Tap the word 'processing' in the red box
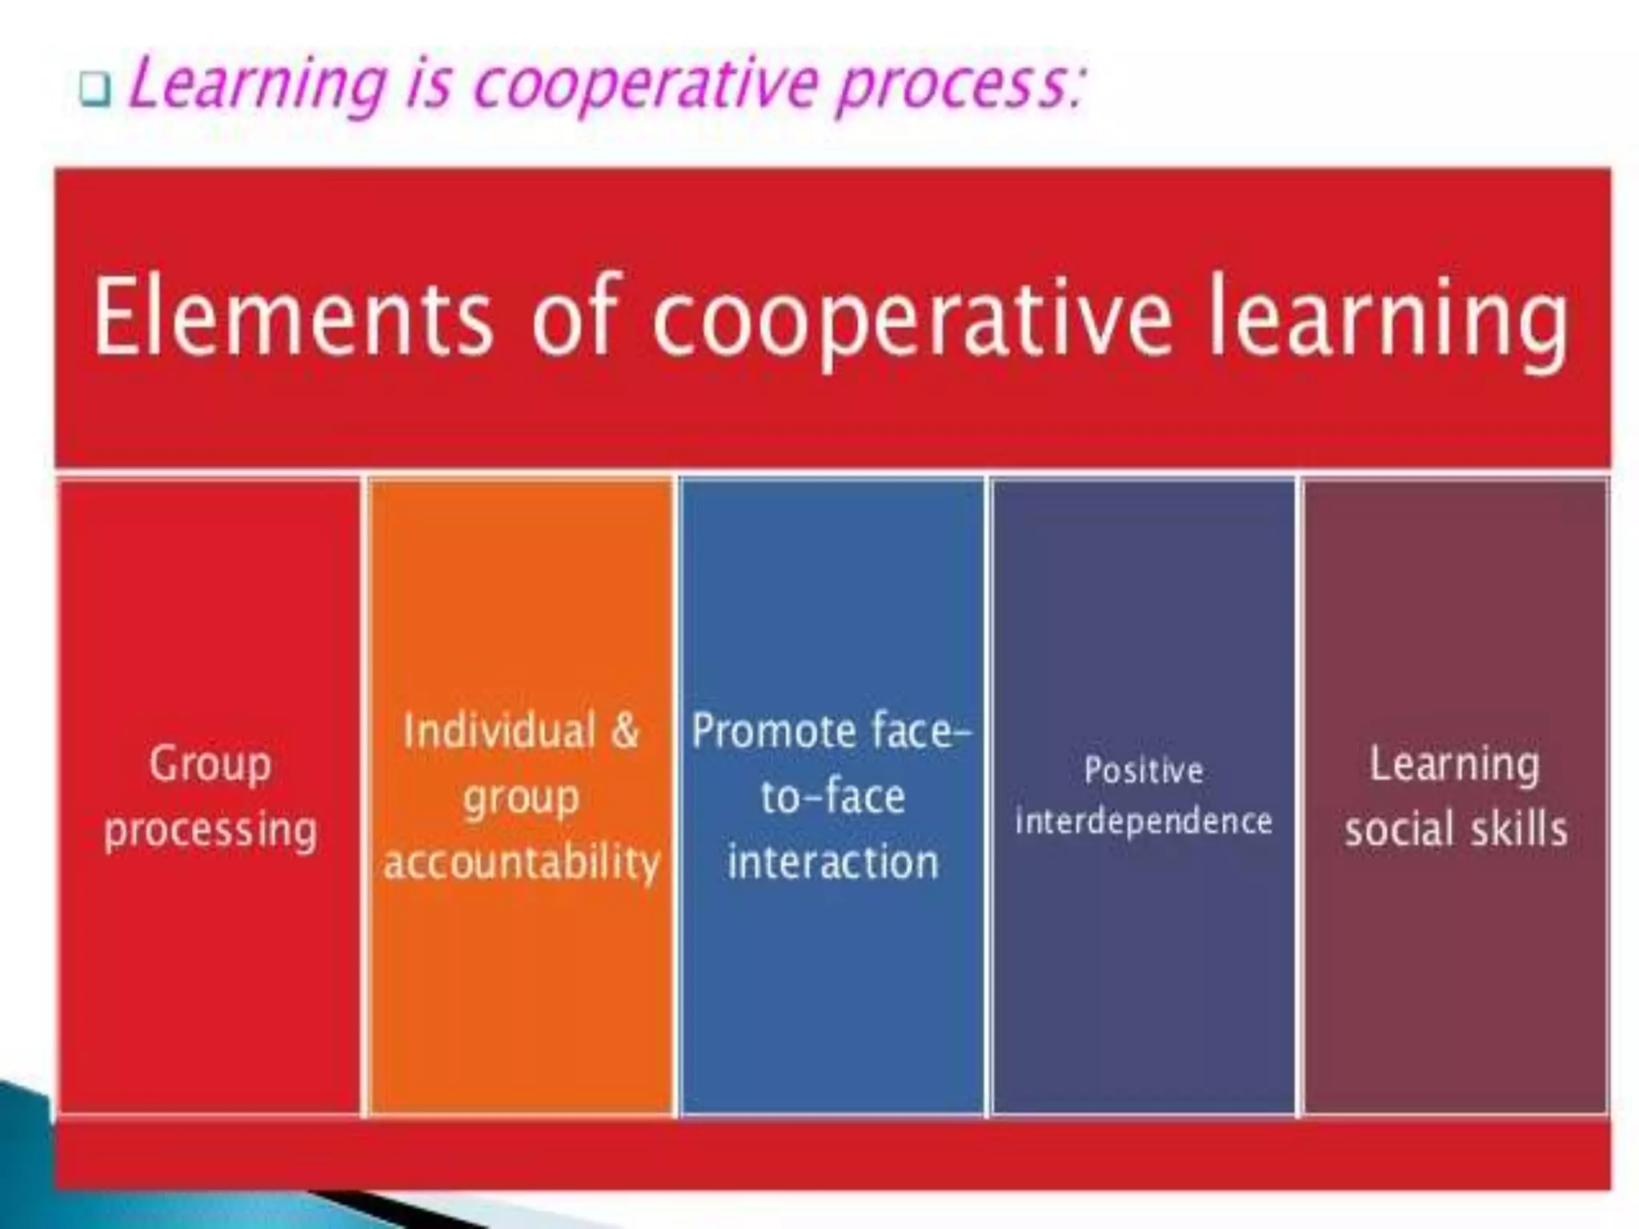coord(210,830)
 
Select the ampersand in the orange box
coord(625,731)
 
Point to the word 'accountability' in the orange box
coord(522,863)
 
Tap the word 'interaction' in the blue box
coord(832,863)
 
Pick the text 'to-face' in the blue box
coord(832,797)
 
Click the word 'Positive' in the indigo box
coord(1144,771)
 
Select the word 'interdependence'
coord(1144,822)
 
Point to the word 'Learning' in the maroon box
coord(1454,764)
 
